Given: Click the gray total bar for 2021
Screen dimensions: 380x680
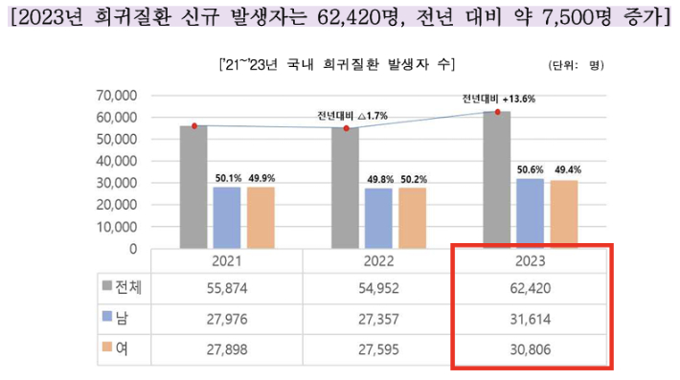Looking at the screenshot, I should (193, 187).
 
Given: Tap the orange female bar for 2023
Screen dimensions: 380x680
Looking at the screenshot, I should (564, 214).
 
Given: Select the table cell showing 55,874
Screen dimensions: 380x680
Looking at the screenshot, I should (227, 285).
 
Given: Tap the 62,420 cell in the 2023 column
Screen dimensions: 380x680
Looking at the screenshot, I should (530, 285).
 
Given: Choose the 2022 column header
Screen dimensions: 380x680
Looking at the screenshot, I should (379, 259).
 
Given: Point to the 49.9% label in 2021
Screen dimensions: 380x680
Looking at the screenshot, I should (261, 177).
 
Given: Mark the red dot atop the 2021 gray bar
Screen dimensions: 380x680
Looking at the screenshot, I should (194, 125).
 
